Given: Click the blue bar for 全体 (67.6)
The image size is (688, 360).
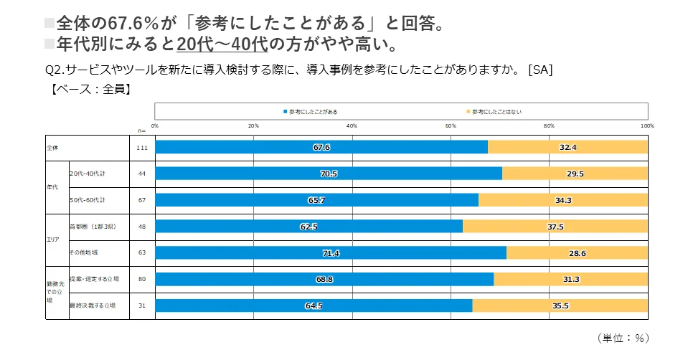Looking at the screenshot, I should click(x=321, y=147).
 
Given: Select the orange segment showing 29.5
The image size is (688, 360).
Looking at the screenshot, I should click(x=575, y=174).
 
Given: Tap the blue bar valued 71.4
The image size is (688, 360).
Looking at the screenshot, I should click(x=331, y=253).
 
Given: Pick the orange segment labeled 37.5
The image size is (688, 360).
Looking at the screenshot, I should click(x=555, y=227).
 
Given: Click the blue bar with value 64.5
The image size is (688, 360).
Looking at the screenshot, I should click(x=314, y=305).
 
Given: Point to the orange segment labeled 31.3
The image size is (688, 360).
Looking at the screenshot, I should click(x=570, y=280).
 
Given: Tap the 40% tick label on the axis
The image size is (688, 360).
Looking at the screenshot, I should click(x=352, y=126).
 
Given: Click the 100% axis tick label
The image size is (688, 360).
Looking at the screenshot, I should click(x=647, y=126).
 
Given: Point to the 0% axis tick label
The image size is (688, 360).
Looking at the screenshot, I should click(x=155, y=126).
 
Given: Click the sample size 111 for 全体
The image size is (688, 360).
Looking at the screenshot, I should click(x=142, y=147).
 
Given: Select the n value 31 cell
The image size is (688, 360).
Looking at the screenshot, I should click(x=142, y=305).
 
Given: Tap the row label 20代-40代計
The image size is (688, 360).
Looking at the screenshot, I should click(x=88, y=174).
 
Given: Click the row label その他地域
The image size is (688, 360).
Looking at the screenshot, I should click(x=83, y=253).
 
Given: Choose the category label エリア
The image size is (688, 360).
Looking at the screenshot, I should click(x=53, y=240).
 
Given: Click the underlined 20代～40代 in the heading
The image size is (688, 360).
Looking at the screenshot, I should click(x=222, y=44).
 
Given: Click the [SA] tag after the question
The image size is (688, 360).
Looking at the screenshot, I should click(x=539, y=70).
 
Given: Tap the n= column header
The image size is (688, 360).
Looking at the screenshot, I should click(x=142, y=131).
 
